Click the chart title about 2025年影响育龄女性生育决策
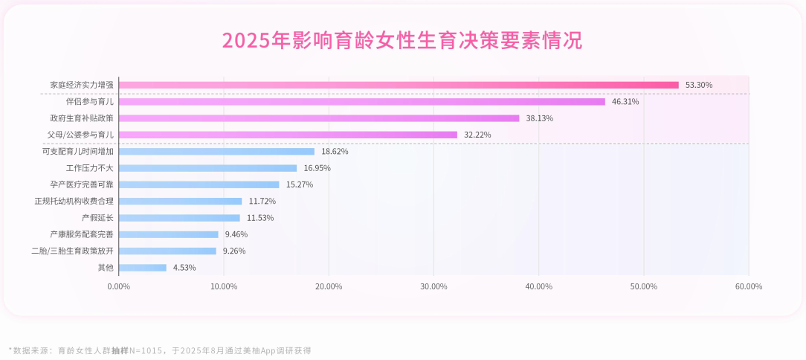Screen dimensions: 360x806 tap(402, 40)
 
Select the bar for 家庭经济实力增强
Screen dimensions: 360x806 tap(399, 85)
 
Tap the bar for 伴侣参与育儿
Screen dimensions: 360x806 tap(362, 101)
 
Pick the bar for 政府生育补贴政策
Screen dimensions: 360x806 tap(319, 118)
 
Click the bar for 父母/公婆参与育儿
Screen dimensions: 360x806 tap(288, 135)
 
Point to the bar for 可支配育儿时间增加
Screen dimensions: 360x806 tap(216, 151)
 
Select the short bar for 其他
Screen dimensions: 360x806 tap(143, 268)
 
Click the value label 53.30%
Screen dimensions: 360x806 tap(699, 85)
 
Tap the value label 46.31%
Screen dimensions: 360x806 tap(625, 101)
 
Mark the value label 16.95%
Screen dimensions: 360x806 tap(317, 168)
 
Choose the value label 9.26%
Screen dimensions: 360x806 tap(234, 251)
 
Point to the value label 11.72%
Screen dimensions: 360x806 tap(262, 201)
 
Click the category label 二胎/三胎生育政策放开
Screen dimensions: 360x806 tap(72, 251)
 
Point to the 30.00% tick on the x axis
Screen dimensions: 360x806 tap(433, 286)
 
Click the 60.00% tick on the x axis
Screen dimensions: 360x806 tap(748, 286)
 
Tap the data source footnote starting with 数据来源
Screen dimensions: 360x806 tap(160, 350)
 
